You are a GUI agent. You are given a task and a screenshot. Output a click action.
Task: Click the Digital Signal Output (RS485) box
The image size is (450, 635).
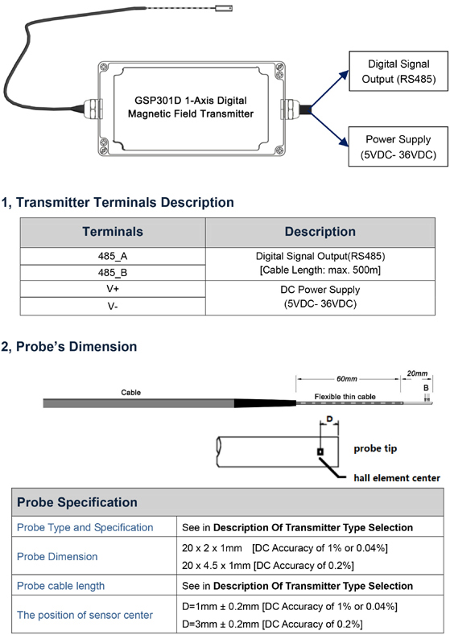click(x=398, y=71)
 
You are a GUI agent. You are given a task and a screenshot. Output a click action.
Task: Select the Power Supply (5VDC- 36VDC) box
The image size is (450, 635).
click(x=398, y=146)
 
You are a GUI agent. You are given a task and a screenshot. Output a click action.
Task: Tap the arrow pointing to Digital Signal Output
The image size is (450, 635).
click(x=329, y=89)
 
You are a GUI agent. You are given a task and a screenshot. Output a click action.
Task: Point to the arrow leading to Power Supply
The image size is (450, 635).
click(x=329, y=129)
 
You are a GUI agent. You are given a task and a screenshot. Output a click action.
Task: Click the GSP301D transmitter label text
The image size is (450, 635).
click(x=191, y=107)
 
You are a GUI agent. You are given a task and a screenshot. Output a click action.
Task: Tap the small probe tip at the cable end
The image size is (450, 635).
click(x=223, y=8)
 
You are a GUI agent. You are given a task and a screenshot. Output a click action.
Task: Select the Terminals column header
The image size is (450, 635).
click(x=113, y=232)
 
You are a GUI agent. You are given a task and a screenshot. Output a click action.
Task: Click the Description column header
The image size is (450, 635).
click(x=320, y=232)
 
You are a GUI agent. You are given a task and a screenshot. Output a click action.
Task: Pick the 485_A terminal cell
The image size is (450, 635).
click(x=113, y=256)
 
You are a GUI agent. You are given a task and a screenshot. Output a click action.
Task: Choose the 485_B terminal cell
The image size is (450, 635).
click(x=113, y=273)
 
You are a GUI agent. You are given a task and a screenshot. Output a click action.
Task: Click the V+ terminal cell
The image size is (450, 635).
click(x=113, y=289)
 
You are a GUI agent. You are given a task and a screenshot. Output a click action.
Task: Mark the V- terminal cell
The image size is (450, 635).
click(x=113, y=306)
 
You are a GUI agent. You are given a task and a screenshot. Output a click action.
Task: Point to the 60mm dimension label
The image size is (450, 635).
click(x=347, y=379)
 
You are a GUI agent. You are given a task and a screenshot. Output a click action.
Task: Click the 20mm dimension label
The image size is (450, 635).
click(x=417, y=373)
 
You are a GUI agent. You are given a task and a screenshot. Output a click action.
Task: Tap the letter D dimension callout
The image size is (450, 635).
click(x=329, y=419)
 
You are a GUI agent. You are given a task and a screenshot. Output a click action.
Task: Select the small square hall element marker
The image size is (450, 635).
click(x=320, y=452)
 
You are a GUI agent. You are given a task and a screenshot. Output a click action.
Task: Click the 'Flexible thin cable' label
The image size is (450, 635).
click(x=345, y=397)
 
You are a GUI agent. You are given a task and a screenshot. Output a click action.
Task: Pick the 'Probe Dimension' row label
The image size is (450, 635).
click(x=57, y=556)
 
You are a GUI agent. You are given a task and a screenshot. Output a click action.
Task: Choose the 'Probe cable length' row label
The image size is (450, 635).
click(x=60, y=586)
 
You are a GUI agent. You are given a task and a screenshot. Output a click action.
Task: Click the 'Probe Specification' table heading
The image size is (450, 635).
click(x=77, y=502)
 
